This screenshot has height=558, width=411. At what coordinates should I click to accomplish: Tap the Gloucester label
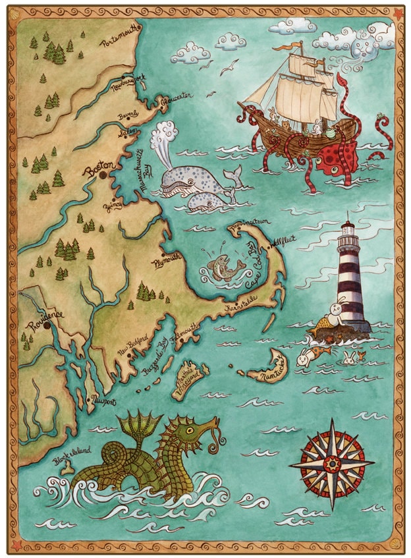[x=177, y=98]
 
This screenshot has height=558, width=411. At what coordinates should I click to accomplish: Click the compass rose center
[x=332, y=464]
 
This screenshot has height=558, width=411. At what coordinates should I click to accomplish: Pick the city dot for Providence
[x=47, y=325]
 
